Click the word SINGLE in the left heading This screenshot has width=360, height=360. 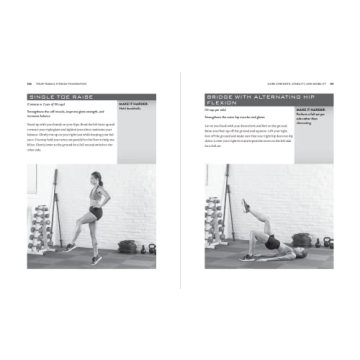click(42, 97)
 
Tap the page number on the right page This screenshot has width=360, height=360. click(331, 82)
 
